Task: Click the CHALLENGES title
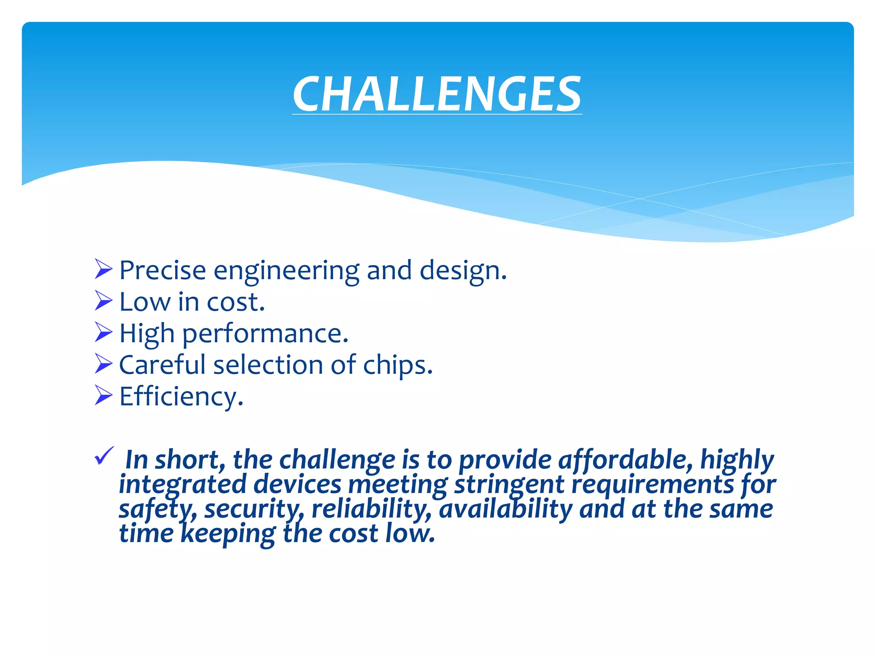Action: point(437,94)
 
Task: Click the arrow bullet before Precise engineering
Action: point(103,269)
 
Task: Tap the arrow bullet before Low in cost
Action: point(103,301)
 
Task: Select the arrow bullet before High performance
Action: point(103,332)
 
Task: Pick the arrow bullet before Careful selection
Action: point(103,364)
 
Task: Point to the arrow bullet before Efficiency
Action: point(103,395)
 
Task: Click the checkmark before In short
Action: point(104,456)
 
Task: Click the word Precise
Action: point(162,270)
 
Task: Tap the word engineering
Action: point(286,271)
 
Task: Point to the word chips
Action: point(397,366)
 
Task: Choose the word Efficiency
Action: point(181,397)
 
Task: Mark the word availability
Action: point(505,509)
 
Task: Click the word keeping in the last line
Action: point(228,534)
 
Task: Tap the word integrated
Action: point(182,485)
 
